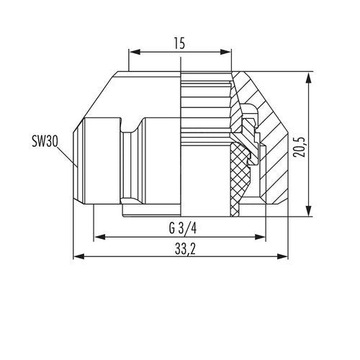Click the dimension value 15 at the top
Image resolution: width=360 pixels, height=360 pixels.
click(179, 44)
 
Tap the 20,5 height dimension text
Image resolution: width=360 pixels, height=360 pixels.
click(300, 147)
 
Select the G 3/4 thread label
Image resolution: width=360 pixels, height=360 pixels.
click(183, 228)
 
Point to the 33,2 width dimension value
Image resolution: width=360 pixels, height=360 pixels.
click(185, 250)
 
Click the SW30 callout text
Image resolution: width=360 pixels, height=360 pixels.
click(45, 141)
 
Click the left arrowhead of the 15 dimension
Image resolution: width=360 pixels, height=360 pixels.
click(135, 52)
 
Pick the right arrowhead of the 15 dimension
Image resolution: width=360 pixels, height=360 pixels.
click(225, 52)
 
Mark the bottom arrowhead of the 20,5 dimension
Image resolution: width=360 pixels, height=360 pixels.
click(309, 211)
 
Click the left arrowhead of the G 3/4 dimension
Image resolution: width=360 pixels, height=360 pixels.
click(99, 237)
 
